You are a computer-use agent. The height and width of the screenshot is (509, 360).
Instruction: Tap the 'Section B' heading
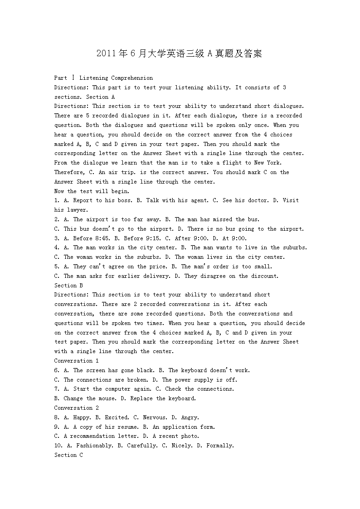[68, 286]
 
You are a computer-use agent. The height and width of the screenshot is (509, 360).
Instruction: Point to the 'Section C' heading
[68, 455]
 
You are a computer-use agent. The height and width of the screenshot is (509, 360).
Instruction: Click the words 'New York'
[268, 163]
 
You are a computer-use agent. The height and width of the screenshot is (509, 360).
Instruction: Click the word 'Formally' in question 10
[219, 446]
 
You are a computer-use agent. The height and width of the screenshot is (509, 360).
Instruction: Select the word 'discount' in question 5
[264, 276]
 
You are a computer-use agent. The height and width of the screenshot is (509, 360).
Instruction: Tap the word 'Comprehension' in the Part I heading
[132, 78]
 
